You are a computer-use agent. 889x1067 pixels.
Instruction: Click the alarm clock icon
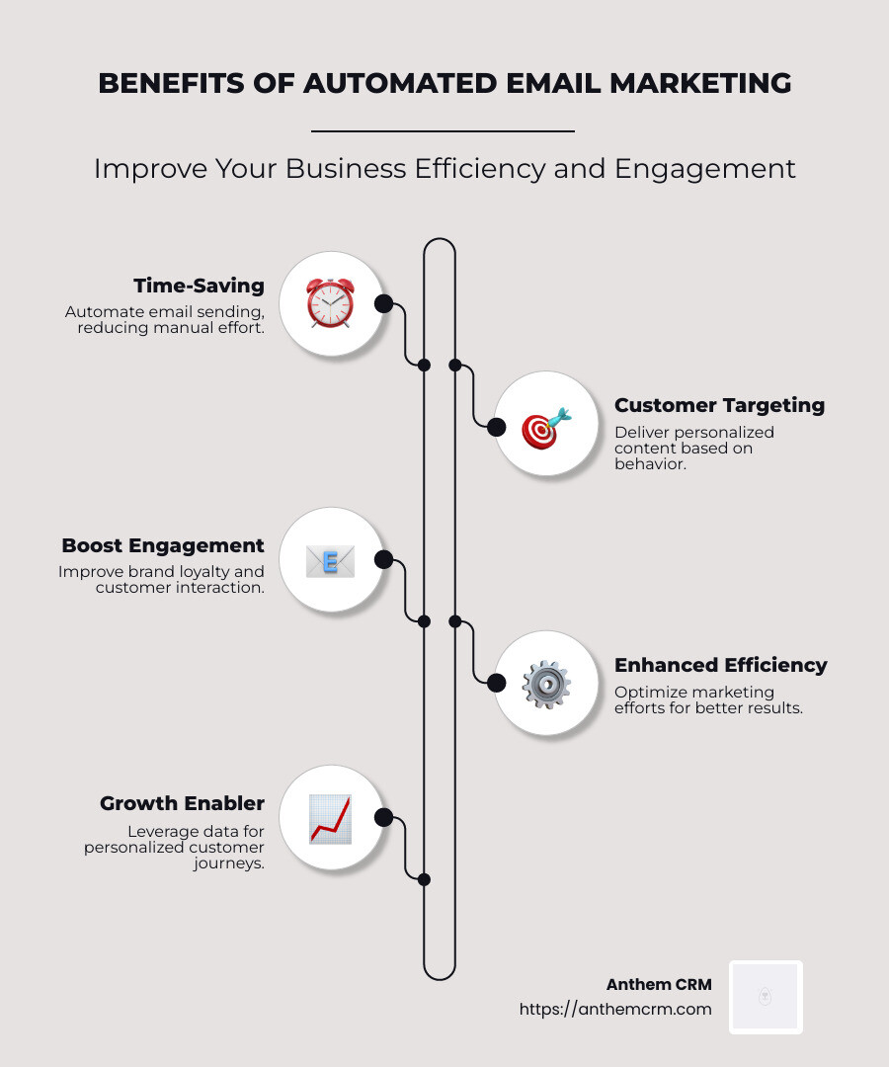pos(330,302)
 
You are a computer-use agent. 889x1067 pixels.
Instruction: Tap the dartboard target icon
pos(545,427)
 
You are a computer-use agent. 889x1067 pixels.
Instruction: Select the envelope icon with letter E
pos(330,560)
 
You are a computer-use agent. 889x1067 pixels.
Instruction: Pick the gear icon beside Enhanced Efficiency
pos(545,684)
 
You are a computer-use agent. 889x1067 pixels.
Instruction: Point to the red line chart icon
pos(330,818)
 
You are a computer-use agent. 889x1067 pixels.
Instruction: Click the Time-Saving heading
pos(199,287)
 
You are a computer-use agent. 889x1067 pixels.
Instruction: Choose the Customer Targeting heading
pos(719,405)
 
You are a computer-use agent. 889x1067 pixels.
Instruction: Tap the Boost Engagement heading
pos(163,545)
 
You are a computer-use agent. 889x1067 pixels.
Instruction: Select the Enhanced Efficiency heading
pos(721,665)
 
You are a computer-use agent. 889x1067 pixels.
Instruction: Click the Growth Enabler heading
pos(182,803)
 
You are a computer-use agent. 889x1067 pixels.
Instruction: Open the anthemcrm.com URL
pos(615,1009)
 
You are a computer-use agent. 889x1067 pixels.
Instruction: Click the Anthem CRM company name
pos(659,985)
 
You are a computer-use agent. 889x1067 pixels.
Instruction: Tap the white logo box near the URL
pos(766,997)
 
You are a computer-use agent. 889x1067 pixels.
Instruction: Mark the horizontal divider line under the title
pos(443,130)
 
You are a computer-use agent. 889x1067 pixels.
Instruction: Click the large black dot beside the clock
pos(384,303)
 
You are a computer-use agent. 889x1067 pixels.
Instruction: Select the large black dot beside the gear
pos(497,683)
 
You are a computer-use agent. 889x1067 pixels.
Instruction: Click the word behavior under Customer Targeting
pos(650,464)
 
